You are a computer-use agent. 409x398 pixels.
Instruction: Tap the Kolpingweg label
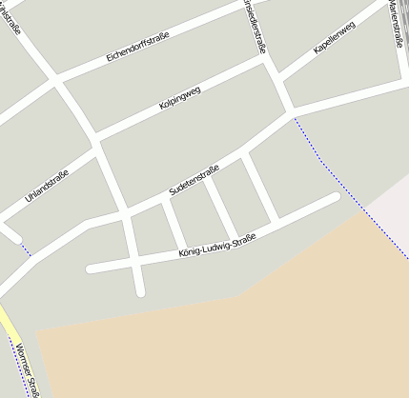(x=180, y=95)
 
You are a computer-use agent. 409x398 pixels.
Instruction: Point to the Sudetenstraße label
(x=194, y=180)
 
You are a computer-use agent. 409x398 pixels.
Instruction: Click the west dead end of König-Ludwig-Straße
(x=91, y=269)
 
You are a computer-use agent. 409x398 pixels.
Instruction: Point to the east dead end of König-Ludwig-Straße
(x=336, y=197)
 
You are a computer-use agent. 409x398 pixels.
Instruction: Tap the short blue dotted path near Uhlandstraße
(x=26, y=249)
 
